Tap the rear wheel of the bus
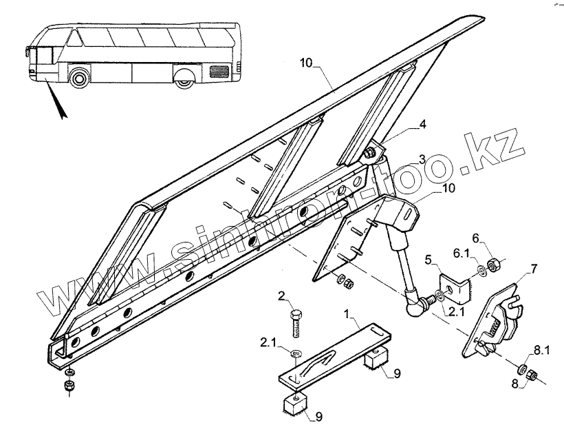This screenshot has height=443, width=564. pos(184,79)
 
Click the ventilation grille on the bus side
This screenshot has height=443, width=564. pos(219,70)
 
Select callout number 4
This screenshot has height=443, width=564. pos(423,125)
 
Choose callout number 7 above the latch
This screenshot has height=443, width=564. pos(534,267)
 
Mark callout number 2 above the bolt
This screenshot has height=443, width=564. pos(281,296)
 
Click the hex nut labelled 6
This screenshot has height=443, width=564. pos(493,264)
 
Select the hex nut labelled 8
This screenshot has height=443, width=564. pos(532,375)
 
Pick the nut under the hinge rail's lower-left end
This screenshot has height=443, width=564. pos(69,386)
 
